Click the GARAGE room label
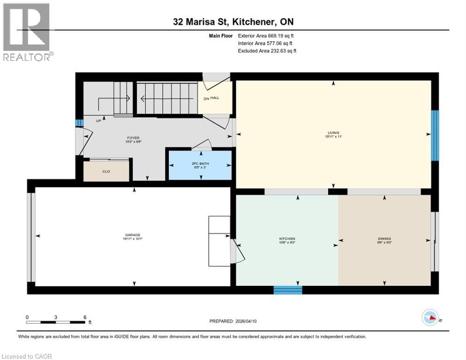(x=133, y=235)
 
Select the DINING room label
(x=384, y=239)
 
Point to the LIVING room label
(x=333, y=133)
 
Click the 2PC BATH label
(x=201, y=164)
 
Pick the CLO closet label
(x=106, y=172)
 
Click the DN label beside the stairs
(x=206, y=99)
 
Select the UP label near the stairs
(x=98, y=120)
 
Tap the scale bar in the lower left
(x=56, y=322)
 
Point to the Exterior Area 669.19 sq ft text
(x=266, y=36)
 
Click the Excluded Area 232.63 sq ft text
(x=267, y=51)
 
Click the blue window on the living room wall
(x=435, y=135)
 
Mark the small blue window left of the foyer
(x=79, y=123)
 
